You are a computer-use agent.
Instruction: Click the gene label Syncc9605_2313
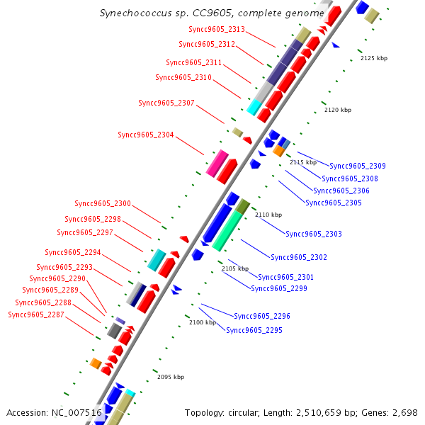coord(217,29)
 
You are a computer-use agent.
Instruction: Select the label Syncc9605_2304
coord(146,135)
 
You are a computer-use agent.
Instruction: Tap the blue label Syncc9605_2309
coord(358,166)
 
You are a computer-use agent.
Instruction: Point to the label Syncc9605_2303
coord(314,234)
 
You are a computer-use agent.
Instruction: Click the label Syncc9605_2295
coord(254,330)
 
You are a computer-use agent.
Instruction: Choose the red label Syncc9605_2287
coord(36,314)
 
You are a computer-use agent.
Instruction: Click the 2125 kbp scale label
coord(374,58)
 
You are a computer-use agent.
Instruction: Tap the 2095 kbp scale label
coord(171,377)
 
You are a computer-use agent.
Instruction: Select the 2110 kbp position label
coord(268,215)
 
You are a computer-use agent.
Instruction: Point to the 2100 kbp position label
coord(203,322)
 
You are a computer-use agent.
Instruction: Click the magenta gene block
coord(217,163)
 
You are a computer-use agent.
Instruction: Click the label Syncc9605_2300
coord(103,203)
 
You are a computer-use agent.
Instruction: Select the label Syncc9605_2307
coord(166,103)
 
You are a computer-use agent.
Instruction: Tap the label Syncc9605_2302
coord(299,257)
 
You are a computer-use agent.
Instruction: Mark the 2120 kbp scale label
coord(338,110)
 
